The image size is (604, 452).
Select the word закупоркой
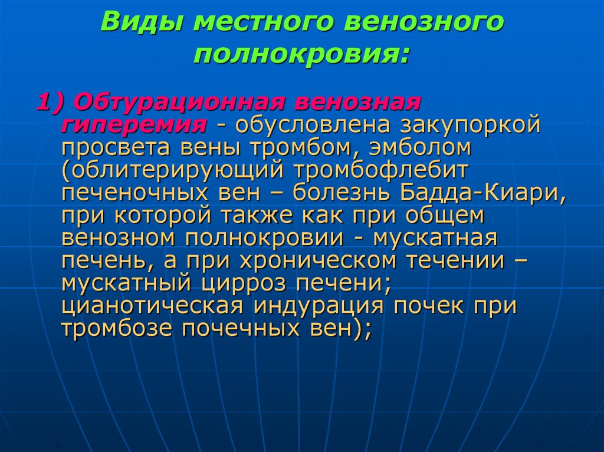tap(470, 125)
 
